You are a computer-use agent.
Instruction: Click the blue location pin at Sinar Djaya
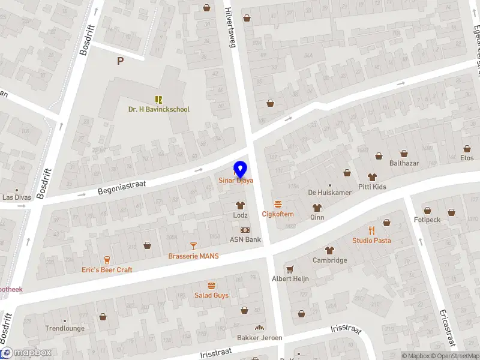tap(240, 169)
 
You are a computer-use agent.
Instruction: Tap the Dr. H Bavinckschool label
tap(158, 110)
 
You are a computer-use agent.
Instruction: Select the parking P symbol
tap(121, 61)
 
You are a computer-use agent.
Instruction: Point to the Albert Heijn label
tap(290, 278)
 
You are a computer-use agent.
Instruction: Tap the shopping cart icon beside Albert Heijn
tap(290, 269)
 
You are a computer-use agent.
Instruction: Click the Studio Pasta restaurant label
tap(371, 241)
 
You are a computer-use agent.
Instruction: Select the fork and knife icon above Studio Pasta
tap(371, 230)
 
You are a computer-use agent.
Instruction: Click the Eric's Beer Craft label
tap(107, 270)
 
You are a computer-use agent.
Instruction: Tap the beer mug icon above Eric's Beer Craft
tap(107, 259)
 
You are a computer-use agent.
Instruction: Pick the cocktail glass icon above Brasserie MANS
tap(193, 246)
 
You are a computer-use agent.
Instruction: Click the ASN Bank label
tap(245, 239)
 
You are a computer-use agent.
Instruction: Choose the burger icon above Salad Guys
tap(211, 285)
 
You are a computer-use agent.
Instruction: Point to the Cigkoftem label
tap(278, 214)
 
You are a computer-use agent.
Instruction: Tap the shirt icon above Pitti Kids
tap(372, 177)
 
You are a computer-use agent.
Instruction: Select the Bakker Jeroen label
tap(259, 338)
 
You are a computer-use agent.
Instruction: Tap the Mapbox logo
tap(26, 353)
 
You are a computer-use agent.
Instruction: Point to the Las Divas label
tap(16, 197)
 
